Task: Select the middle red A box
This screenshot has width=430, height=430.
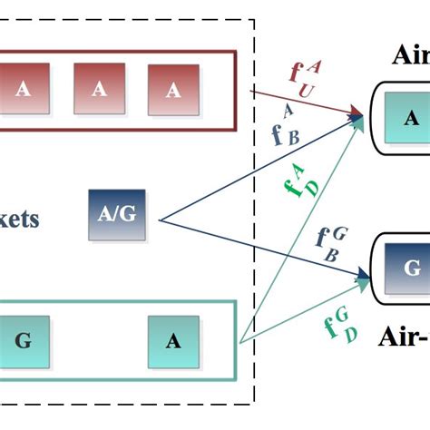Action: tap(99, 88)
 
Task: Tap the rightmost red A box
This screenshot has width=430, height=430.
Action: tap(174, 88)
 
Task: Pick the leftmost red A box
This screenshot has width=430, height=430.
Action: tap(22, 88)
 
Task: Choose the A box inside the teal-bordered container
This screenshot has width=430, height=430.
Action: tap(174, 342)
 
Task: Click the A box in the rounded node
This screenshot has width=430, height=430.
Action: tap(410, 117)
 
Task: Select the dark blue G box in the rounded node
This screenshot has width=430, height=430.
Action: tap(410, 269)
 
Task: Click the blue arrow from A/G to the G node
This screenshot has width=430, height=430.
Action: tap(263, 245)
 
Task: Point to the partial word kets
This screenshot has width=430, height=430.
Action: tap(20, 219)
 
